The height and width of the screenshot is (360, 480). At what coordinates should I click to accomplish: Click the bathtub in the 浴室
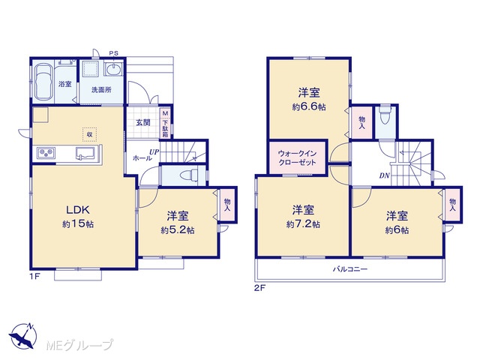click(43, 82)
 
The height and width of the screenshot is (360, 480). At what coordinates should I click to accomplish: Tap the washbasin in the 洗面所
click(113, 69)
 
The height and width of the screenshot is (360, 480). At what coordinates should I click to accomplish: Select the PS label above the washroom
click(113, 53)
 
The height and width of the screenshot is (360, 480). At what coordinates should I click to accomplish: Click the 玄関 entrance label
click(143, 123)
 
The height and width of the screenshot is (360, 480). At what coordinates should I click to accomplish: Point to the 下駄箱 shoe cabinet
click(165, 123)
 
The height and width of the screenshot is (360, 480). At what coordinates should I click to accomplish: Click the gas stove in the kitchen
click(46, 152)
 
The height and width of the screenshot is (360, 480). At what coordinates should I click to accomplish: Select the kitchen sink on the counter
click(86, 153)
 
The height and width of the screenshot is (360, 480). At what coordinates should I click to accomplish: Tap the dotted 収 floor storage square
click(90, 134)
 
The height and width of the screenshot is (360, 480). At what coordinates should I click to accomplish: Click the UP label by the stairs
click(154, 151)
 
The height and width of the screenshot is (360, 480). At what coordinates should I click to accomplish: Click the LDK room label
click(78, 210)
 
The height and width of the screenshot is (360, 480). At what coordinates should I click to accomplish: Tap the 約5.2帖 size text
click(178, 230)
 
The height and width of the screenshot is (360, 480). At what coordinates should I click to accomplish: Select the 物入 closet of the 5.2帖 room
click(227, 205)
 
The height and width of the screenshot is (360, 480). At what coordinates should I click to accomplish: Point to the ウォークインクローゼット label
click(297, 157)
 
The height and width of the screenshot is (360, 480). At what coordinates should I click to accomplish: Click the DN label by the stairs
click(385, 175)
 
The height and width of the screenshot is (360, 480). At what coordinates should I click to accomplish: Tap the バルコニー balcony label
click(350, 269)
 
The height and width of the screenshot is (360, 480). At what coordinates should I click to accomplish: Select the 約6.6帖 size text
click(309, 107)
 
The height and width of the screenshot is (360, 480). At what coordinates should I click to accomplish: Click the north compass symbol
click(22, 336)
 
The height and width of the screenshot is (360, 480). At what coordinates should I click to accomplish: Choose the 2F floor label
click(259, 288)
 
